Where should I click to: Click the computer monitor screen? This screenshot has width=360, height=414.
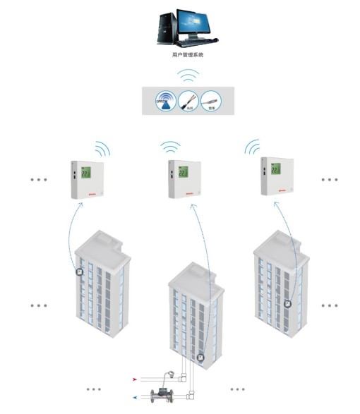[x=196, y=23]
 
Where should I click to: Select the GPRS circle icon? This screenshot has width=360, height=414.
[x=164, y=102]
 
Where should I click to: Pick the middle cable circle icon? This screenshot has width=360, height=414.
[x=187, y=102]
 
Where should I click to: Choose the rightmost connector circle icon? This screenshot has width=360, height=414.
[x=211, y=102]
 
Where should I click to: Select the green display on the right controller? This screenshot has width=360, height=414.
[x=275, y=170]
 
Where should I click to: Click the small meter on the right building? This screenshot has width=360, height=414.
[x=288, y=303]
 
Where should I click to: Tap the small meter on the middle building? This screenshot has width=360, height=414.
[x=201, y=358]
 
